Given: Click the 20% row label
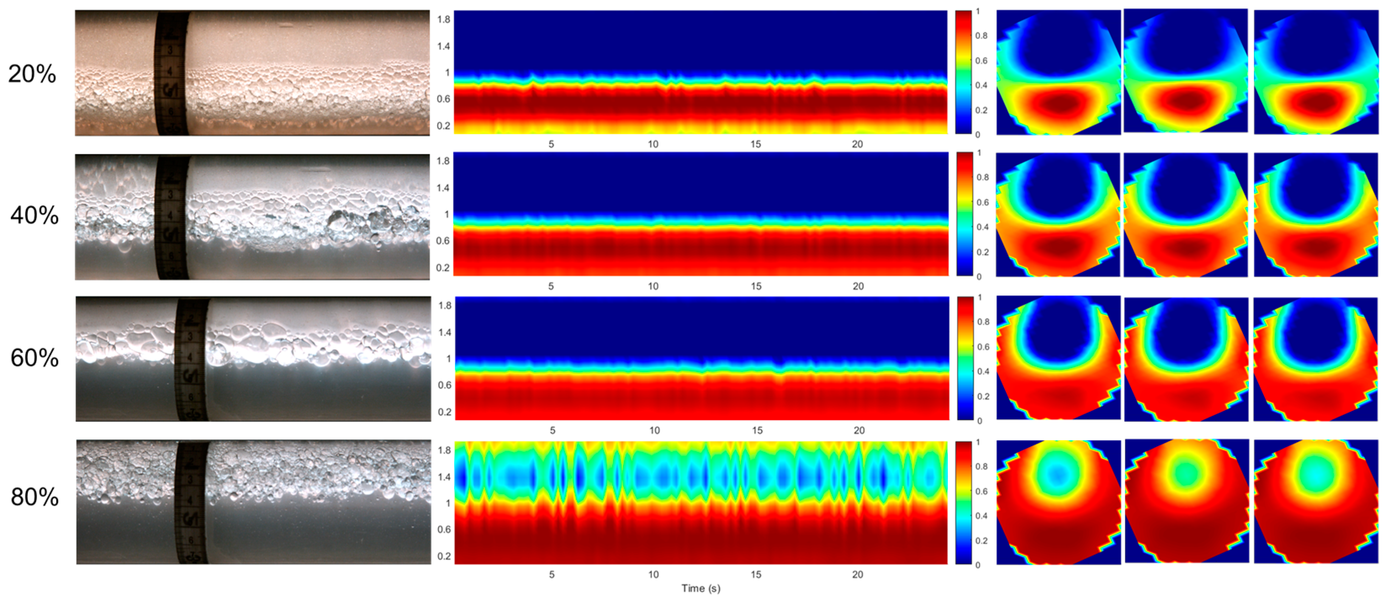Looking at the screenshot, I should [32, 74].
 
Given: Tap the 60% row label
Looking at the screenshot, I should [34, 358].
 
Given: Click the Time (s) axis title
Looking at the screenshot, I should [701, 588].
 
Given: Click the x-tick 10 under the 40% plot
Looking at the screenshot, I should [653, 287].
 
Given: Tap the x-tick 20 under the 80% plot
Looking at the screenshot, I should [857, 575].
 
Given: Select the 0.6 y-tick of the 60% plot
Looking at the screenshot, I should [444, 385].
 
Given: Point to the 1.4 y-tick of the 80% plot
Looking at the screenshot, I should [444, 477].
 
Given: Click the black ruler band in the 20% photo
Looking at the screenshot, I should [172, 74].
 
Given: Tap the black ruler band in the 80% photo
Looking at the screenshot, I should [192, 502].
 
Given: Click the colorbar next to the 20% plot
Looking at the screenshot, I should [963, 72].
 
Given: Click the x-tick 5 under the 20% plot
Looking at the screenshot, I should [551, 145].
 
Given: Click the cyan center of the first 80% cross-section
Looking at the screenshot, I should [1057, 473].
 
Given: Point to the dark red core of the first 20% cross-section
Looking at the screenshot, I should [1060, 103].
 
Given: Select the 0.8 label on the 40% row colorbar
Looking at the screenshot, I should [982, 177].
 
